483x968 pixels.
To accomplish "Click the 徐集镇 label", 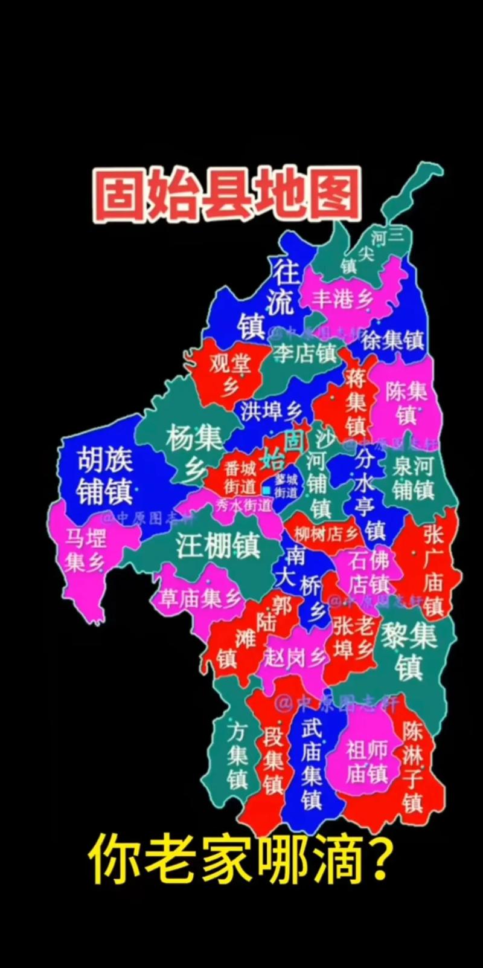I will [393, 340].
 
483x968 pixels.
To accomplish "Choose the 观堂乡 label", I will [230, 374].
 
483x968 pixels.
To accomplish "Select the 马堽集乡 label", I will [85, 550].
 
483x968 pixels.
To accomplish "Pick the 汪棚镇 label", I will [218, 545].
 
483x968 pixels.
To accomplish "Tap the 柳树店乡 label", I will [326, 534].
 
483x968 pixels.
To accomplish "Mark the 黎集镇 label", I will [409, 651].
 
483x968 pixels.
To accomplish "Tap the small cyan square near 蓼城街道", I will [266, 490].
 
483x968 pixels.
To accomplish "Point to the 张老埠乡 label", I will [353, 637].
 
